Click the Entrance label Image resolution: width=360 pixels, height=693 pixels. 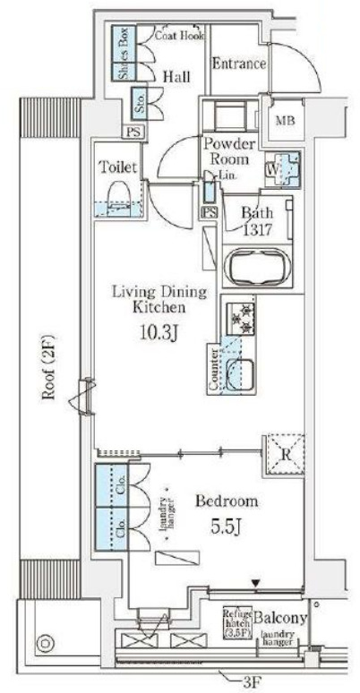[239, 64]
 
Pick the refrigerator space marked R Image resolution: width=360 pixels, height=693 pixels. [284, 449]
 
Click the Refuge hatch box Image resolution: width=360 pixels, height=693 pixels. [236, 619]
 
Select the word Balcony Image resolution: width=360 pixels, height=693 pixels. [281, 618]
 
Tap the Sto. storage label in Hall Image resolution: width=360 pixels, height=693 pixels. [140, 100]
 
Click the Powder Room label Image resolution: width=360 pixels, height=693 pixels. [229, 150]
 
